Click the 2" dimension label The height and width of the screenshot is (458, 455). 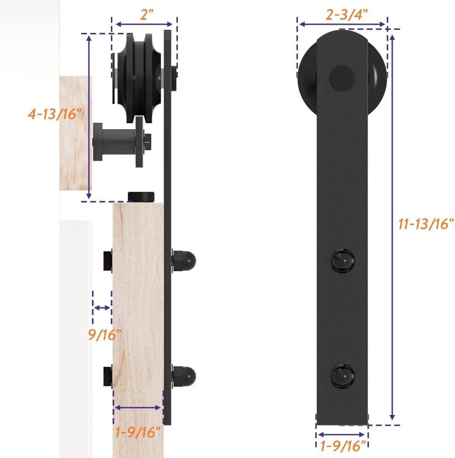coord(147,15)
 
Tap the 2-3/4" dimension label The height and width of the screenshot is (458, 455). coord(347,15)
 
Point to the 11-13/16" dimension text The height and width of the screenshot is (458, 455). coord(426,224)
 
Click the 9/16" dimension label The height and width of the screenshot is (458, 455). coord(104,334)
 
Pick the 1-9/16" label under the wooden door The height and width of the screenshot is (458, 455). coord(138,432)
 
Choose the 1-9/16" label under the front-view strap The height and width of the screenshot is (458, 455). coord(343,446)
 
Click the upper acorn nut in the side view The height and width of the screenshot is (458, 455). coord(184,260)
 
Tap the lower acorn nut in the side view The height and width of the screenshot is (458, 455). coord(184,376)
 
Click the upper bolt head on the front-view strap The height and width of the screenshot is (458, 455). coord(343,260)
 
